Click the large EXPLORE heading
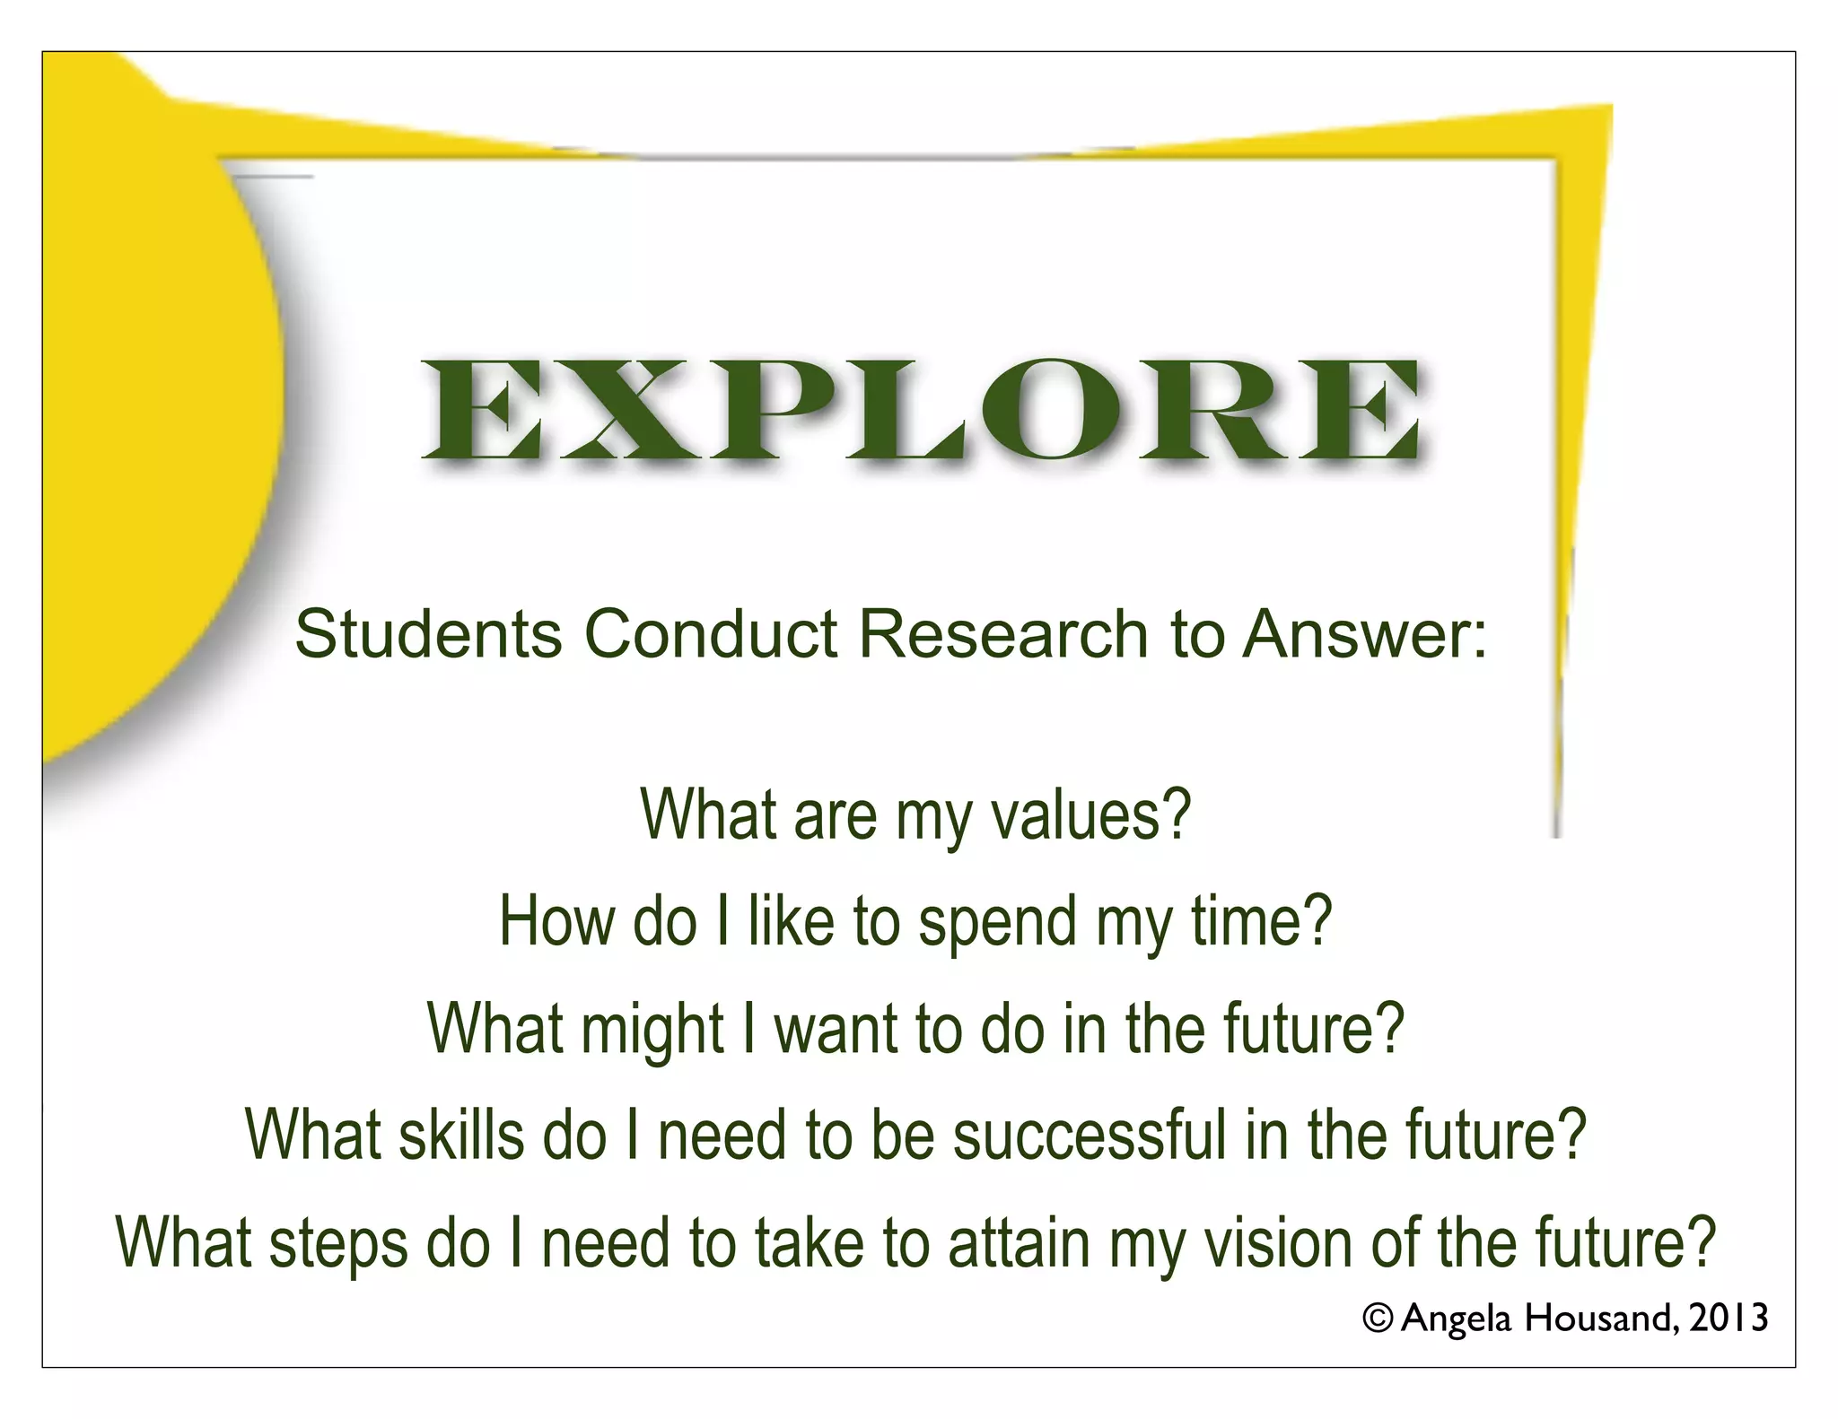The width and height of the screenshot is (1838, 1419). [x=922, y=412]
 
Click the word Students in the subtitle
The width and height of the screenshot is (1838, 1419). [x=428, y=634]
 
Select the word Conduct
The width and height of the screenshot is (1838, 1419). [x=711, y=634]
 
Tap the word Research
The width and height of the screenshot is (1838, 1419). [x=1003, y=634]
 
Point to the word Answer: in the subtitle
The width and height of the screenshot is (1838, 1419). [x=1364, y=634]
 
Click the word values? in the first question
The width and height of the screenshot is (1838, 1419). [x=1090, y=815]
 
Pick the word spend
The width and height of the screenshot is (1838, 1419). [x=997, y=923]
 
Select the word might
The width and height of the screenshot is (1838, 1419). [x=652, y=1030]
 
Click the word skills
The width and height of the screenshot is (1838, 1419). [x=460, y=1136]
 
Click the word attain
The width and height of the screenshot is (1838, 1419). [x=1019, y=1242]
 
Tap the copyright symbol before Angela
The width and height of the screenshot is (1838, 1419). [x=1378, y=1318]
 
